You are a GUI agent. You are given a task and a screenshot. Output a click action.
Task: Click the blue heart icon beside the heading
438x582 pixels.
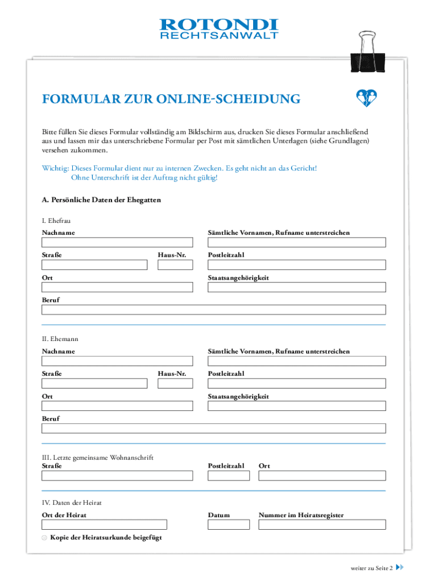pyautogui.click(x=367, y=98)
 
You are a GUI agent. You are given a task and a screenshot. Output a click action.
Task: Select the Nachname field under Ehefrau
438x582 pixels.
pyautogui.click(x=117, y=243)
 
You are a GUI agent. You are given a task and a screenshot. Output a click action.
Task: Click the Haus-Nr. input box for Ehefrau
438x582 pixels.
pyautogui.click(x=175, y=265)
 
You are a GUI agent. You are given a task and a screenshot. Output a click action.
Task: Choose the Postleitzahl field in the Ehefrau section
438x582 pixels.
pyautogui.click(x=296, y=265)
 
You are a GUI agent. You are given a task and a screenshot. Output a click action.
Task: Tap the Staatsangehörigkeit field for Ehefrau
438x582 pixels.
pyautogui.click(x=296, y=287)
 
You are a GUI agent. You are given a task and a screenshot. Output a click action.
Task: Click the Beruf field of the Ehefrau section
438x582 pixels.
pyautogui.click(x=213, y=310)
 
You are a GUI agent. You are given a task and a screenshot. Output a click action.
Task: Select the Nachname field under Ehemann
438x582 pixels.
pyautogui.click(x=117, y=361)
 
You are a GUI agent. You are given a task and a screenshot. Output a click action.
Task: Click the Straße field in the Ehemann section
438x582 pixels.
pyautogui.click(x=94, y=384)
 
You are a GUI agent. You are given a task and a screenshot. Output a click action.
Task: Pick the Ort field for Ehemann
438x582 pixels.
pyautogui.click(x=117, y=406)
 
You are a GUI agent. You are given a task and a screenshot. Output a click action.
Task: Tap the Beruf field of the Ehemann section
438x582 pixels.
pyautogui.click(x=213, y=429)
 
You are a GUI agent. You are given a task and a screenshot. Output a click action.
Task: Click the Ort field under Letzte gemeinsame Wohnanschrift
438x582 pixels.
pyautogui.click(x=322, y=476)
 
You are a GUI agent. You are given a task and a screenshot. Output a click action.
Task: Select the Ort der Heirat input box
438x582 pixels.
pyautogui.click(x=104, y=525)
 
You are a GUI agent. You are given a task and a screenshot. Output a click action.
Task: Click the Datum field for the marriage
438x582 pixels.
pyautogui.click(x=228, y=525)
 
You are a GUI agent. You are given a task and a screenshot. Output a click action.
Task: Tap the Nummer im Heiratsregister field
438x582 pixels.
pyautogui.click(x=322, y=525)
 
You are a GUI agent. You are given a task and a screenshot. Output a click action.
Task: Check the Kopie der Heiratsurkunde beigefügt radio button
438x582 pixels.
pyautogui.click(x=44, y=538)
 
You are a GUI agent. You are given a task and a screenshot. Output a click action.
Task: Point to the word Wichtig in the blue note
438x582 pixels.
pyautogui.click(x=55, y=169)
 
